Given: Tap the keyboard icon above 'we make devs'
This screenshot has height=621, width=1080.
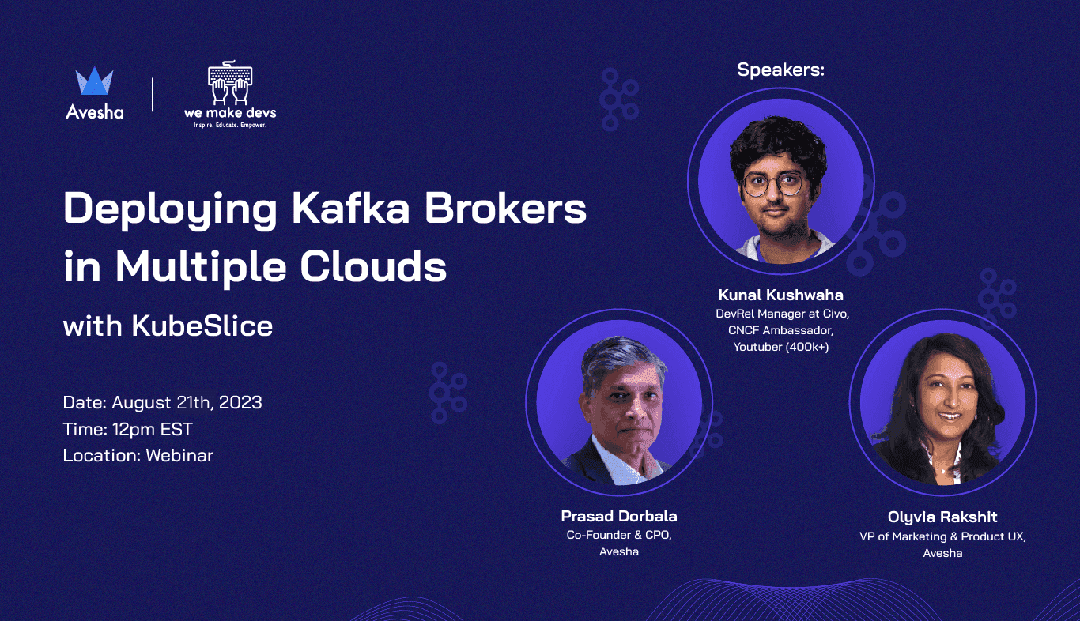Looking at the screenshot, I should (x=230, y=84).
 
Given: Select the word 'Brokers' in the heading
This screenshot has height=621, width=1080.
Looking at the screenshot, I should (x=506, y=209).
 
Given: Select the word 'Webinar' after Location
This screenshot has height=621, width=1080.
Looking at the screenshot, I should (x=179, y=455).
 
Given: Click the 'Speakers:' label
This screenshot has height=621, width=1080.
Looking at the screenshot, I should (x=780, y=70).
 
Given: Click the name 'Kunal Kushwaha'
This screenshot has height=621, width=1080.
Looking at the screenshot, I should (x=780, y=295).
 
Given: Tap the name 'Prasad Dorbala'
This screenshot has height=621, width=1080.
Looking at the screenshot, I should (x=619, y=517).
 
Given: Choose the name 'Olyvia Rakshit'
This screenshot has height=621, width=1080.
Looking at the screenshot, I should (x=942, y=517).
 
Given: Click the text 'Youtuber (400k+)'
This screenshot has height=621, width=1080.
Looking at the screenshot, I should (x=780, y=346).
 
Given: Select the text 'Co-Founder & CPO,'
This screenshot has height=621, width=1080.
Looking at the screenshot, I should (x=619, y=535).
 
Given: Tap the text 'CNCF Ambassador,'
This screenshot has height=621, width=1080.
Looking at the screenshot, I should (x=780, y=330).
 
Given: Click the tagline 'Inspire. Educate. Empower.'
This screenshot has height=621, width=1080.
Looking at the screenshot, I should (x=230, y=125).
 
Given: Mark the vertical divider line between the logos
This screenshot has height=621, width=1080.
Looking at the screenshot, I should (x=152, y=94).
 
